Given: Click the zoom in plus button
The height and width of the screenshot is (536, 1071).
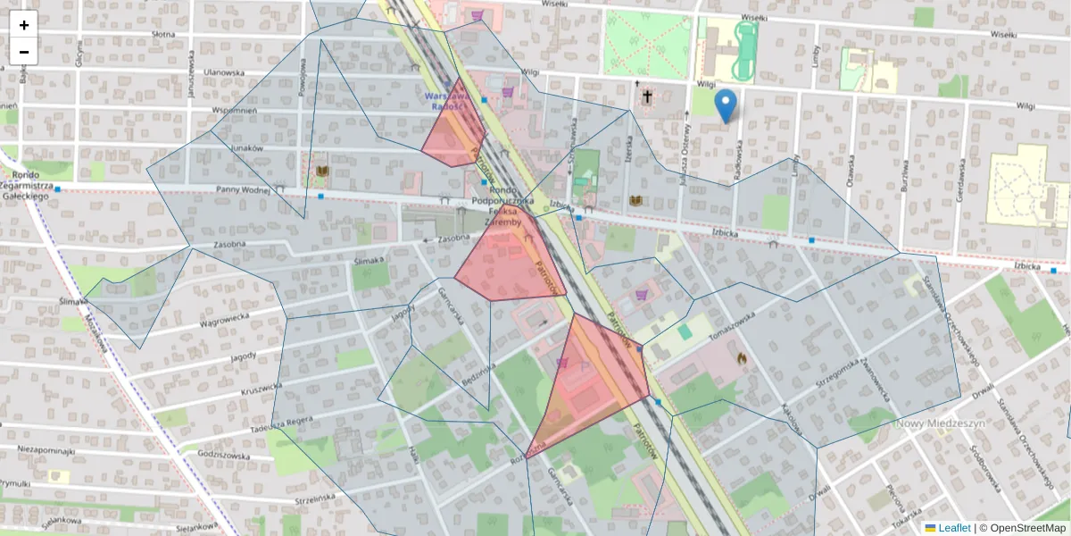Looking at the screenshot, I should coord(24,25).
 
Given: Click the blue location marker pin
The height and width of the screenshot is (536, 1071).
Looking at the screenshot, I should coord(727,105).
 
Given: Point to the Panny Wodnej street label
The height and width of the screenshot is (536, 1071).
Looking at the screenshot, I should coord(244,189).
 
